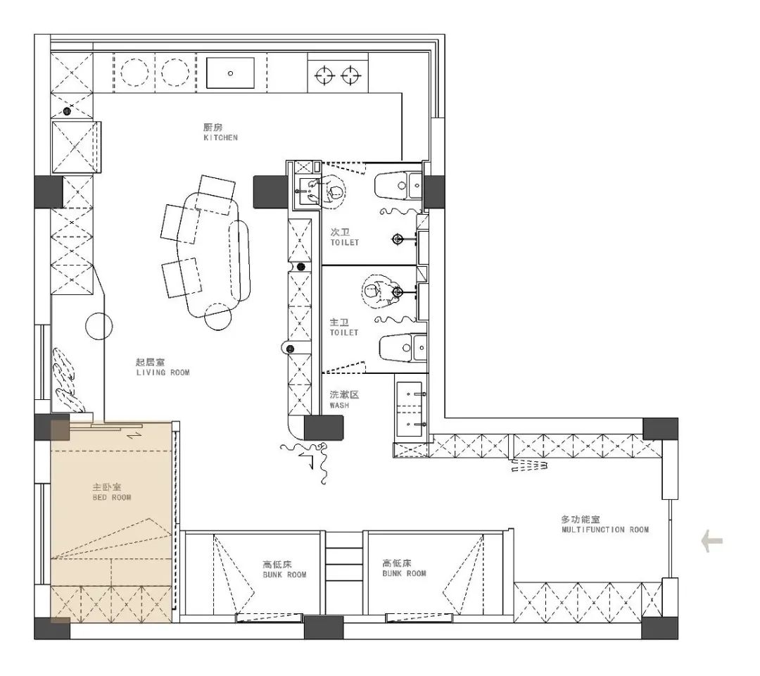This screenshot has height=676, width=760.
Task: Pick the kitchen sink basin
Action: tap(230, 73)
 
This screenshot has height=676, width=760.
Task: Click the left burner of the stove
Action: tap(324, 75)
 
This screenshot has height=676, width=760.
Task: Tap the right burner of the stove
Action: tap(350, 75)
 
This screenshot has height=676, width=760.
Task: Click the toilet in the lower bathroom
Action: tap(403, 347)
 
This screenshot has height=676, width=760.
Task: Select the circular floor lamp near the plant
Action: tap(99, 326)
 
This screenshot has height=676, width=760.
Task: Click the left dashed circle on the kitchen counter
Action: tap(134, 73)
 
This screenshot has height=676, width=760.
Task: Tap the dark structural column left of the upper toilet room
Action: tap(271, 192)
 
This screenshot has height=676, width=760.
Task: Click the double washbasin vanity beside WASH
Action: tap(412, 410)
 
